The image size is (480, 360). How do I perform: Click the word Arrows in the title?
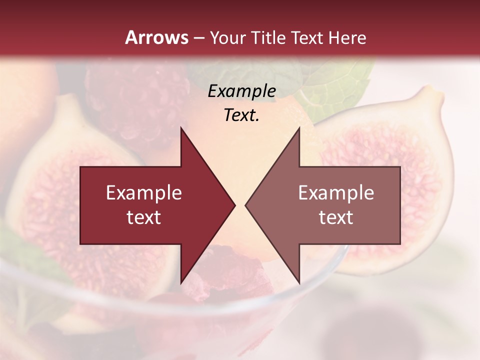(x=157, y=38)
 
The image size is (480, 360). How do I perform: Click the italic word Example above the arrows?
(x=241, y=91)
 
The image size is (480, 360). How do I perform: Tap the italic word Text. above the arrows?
(x=241, y=115)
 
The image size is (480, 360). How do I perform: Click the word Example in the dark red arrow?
(x=144, y=193)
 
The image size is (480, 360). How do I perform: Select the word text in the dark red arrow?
(x=144, y=217)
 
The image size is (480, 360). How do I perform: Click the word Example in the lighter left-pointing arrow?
(x=336, y=193)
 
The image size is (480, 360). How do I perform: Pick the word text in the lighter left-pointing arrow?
(x=336, y=217)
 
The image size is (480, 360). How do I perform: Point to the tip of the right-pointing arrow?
(x=234, y=205)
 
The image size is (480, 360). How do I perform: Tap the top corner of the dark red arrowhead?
(x=181, y=128)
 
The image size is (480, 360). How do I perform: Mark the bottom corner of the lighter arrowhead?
(x=299, y=283)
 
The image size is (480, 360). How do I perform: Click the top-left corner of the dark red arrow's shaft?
(x=81, y=167)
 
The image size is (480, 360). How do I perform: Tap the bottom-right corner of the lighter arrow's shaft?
(x=400, y=243)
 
